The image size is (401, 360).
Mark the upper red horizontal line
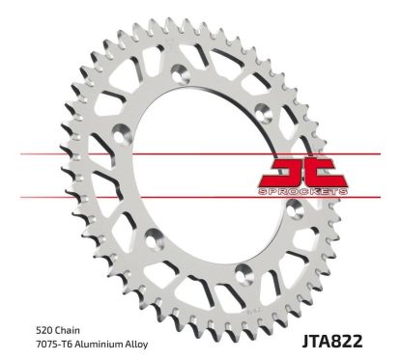(97, 153)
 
